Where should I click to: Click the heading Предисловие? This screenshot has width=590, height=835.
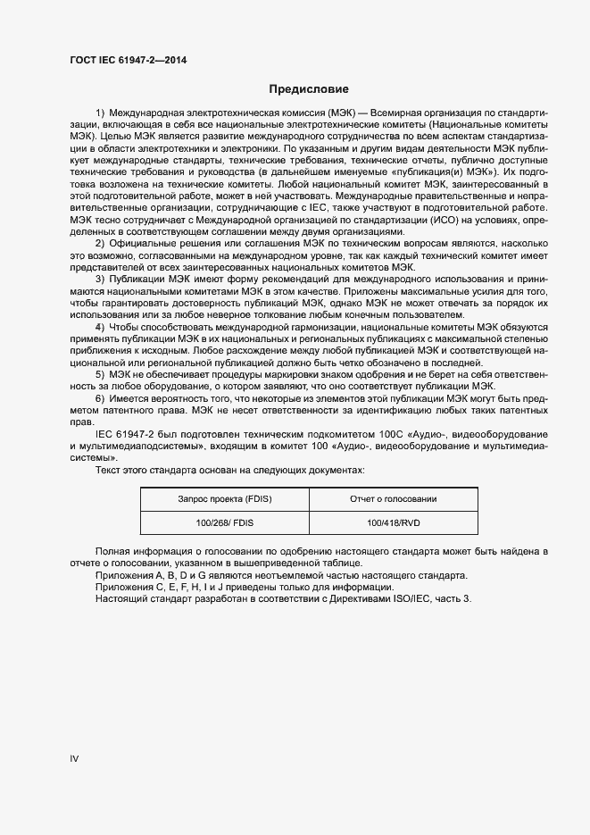(309, 89)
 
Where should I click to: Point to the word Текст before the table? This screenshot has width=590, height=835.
(109, 470)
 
